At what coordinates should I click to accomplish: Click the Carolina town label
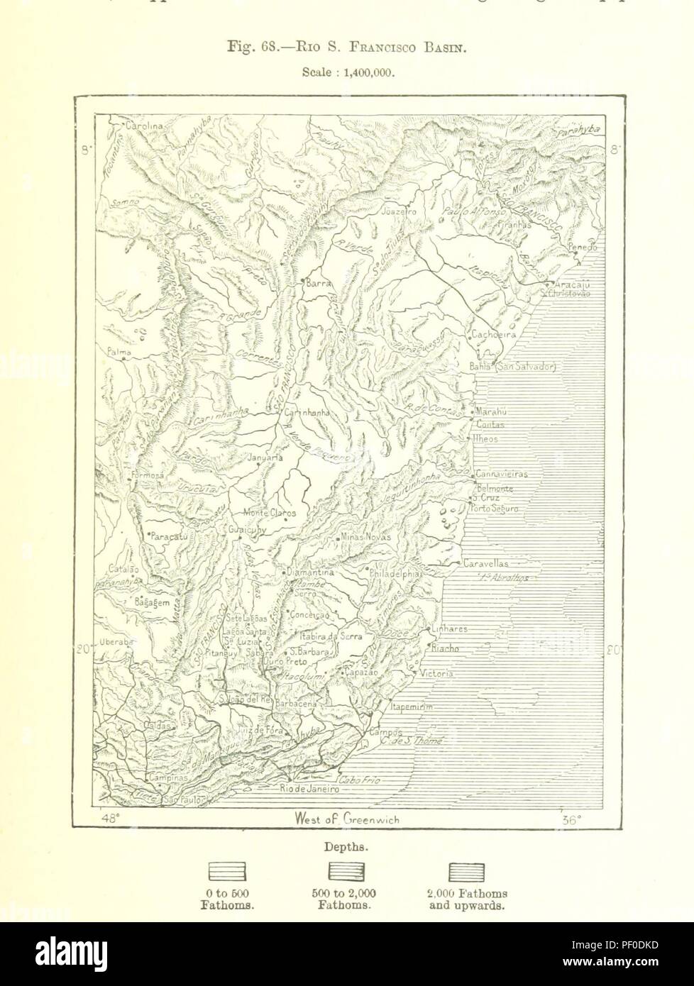pos(145,126)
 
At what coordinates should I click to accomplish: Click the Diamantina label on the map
pos(309,572)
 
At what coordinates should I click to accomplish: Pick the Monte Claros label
pos(270,513)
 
